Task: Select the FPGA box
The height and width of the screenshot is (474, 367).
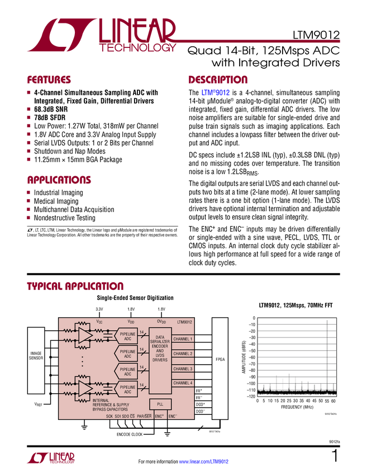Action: tap(220, 360)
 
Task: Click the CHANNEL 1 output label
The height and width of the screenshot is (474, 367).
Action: tap(183, 339)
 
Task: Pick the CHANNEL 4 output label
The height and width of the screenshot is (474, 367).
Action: tap(183, 383)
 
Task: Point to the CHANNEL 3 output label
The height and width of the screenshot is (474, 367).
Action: tap(183, 369)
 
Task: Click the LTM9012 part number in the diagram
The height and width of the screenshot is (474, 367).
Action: tap(184, 322)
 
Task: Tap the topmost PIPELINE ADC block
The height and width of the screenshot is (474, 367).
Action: tap(127, 336)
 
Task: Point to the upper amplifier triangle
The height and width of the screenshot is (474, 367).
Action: tap(84, 335)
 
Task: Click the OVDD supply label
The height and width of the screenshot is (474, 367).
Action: tap(161, 322)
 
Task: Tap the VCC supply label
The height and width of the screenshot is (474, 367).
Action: tap(99, 322)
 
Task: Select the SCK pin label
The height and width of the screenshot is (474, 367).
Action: tap(109, 417)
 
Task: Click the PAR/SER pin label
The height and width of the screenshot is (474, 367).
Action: tap(145, 417)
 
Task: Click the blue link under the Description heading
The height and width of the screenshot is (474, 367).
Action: tap(216, 93)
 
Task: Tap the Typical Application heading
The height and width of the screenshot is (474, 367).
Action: tap(75, 286)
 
